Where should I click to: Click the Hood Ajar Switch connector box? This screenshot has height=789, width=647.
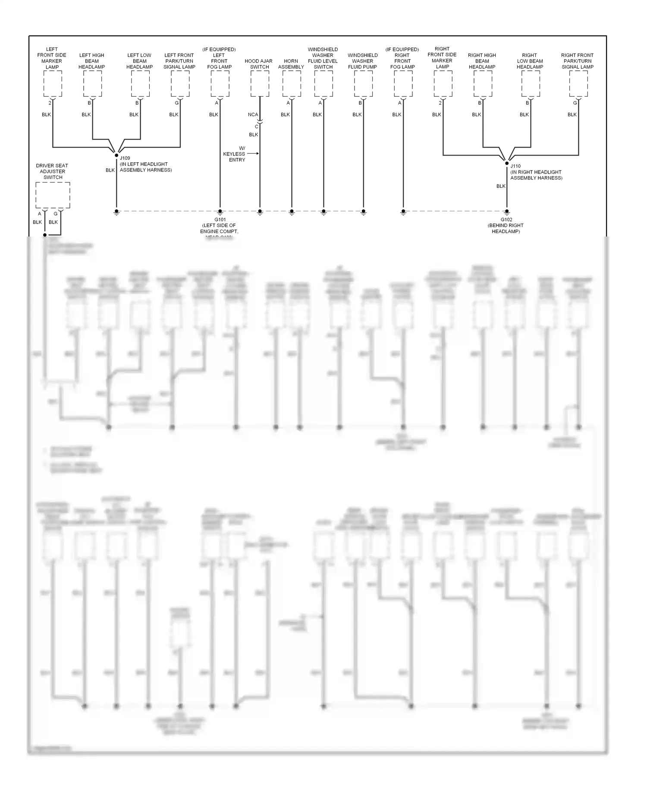coord(260,84)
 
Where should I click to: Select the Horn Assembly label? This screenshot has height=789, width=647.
coord(291,64)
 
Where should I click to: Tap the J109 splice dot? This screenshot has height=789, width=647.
coord(116,155)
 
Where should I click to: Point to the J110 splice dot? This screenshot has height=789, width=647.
coord(507,163)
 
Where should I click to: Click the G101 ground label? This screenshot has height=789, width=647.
coord(220,220)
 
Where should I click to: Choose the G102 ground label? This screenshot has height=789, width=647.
coord(506,220)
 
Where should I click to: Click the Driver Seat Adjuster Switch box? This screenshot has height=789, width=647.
coord(53,195)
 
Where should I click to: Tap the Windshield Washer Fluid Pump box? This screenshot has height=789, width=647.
coord(363,84)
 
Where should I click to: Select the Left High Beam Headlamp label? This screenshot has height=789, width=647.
coord(92,61)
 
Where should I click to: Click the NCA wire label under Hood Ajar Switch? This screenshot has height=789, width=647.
coord(253,115)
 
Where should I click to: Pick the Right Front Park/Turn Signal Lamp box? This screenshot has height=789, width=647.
coord(578,84)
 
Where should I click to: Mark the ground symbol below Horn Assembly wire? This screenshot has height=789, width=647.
coord(292,212)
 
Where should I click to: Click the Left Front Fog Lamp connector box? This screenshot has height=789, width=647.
coord(220,84)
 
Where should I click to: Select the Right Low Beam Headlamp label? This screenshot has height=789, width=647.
coord(530,61)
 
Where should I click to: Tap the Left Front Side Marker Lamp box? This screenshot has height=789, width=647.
coord(53,84)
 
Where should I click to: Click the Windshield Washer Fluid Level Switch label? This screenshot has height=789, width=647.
coord(323,58)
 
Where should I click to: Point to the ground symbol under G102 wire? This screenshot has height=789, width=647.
coord(507,212)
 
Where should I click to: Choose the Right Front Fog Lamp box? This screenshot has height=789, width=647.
coord(403,84)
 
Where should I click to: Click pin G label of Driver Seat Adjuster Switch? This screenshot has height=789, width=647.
coord(56,214)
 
